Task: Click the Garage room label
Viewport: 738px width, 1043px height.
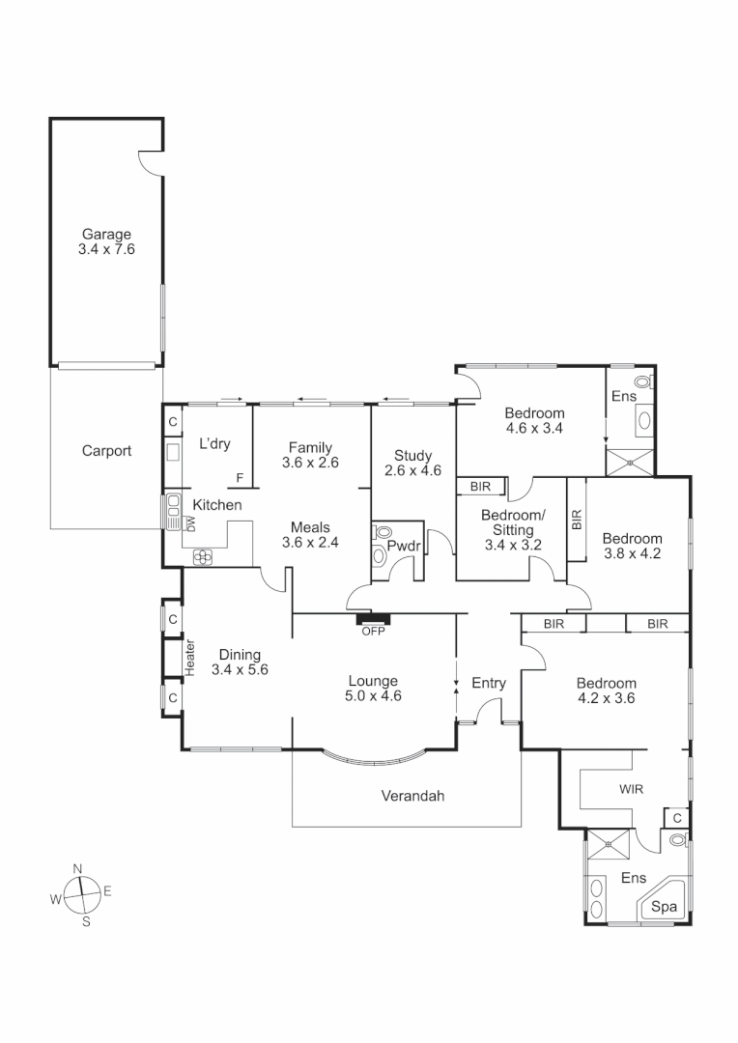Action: coord(106,234)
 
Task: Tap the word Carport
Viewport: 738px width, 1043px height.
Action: coord(106,450)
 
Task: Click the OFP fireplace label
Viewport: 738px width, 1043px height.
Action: coord(373,632)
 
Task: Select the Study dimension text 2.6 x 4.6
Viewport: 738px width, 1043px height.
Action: coord(412,471)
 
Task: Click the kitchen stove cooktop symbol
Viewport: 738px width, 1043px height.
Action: coord(204,555)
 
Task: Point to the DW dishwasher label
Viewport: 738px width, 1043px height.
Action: coord(191,523)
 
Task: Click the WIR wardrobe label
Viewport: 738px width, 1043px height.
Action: coord(631,789)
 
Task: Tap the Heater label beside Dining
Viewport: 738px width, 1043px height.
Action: coord(190,658)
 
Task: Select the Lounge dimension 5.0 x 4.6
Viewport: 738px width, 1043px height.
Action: coord(373,695)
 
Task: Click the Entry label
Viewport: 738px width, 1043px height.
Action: coord(489,684)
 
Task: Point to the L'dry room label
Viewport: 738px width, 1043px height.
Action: coord(214,443)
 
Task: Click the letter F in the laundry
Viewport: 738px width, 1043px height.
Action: coord(240,477)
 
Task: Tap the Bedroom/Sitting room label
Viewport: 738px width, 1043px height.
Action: coord(513,521)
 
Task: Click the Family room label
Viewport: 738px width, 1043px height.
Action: coord(310,447)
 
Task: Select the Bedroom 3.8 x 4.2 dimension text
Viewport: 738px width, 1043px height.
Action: coord(632,553)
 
